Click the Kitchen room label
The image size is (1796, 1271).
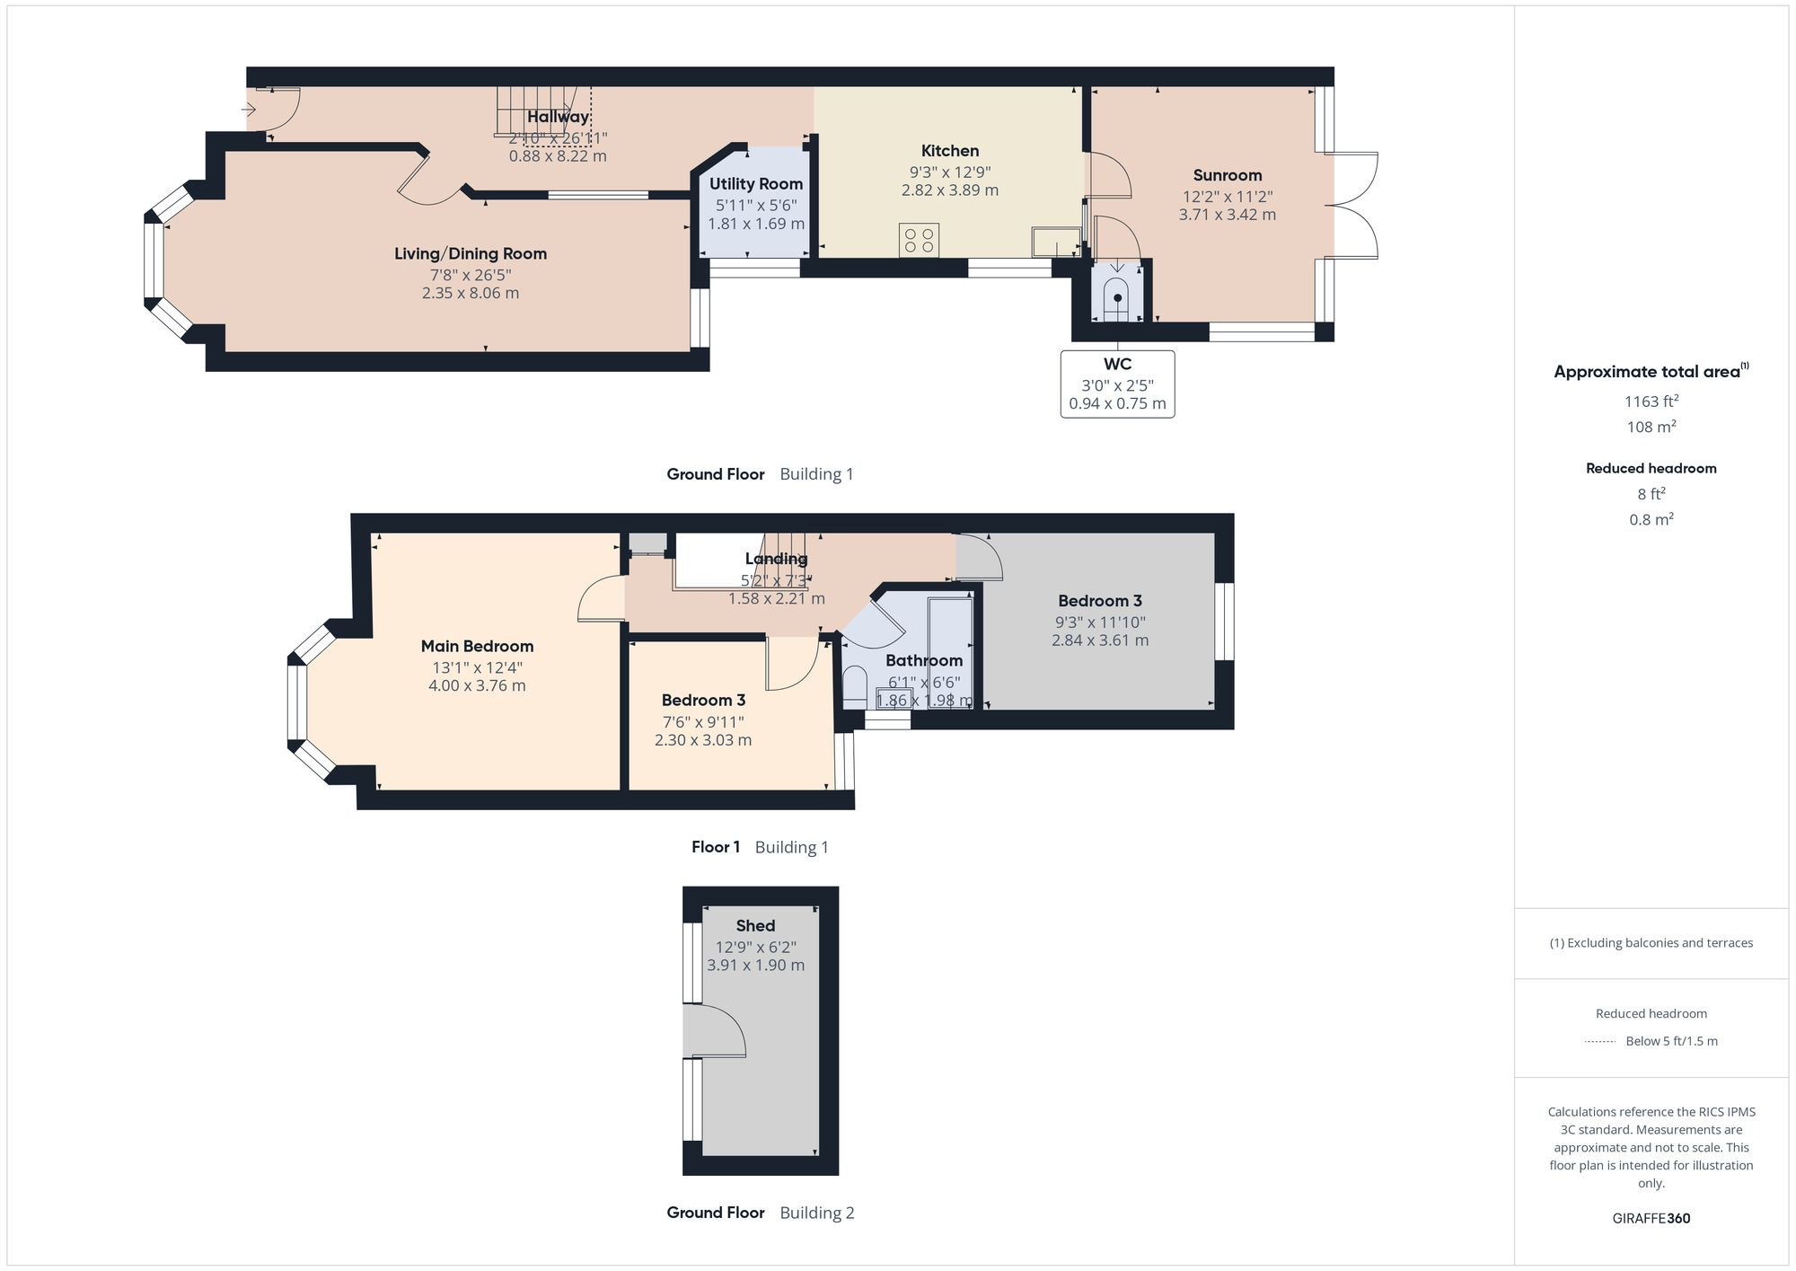click(x=949, y=151)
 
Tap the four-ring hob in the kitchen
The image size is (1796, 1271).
click(x=919, y=240)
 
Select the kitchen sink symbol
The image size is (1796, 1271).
click(x=1056, y=242)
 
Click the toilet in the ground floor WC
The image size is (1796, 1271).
click(x=1116, y=300)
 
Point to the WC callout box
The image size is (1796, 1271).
click(x=1117, y=384)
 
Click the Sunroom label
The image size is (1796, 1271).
click(x=1227, y=175)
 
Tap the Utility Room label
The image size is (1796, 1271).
click(x=755, y=184)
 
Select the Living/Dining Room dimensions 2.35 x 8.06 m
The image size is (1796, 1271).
click(x=471, y=293)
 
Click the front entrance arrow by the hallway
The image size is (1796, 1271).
click(x=250, y=110)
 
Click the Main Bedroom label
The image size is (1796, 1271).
click(x=477, y=646)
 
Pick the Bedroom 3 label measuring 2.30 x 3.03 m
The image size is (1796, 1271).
click(x=703, y=701)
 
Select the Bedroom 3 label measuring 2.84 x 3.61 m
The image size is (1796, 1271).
click(x=1099, y=601)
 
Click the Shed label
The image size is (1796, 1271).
click(x=755, y=925)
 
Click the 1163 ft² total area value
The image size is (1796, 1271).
click(x=1651, y=402)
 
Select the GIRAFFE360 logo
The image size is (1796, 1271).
click(x=1651, y=1218)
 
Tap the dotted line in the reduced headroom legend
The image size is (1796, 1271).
click(x=1600, y=1042)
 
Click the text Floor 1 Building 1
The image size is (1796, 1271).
click(x=760, y=847)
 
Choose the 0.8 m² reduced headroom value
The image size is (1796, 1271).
click(x=1651, y=519)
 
